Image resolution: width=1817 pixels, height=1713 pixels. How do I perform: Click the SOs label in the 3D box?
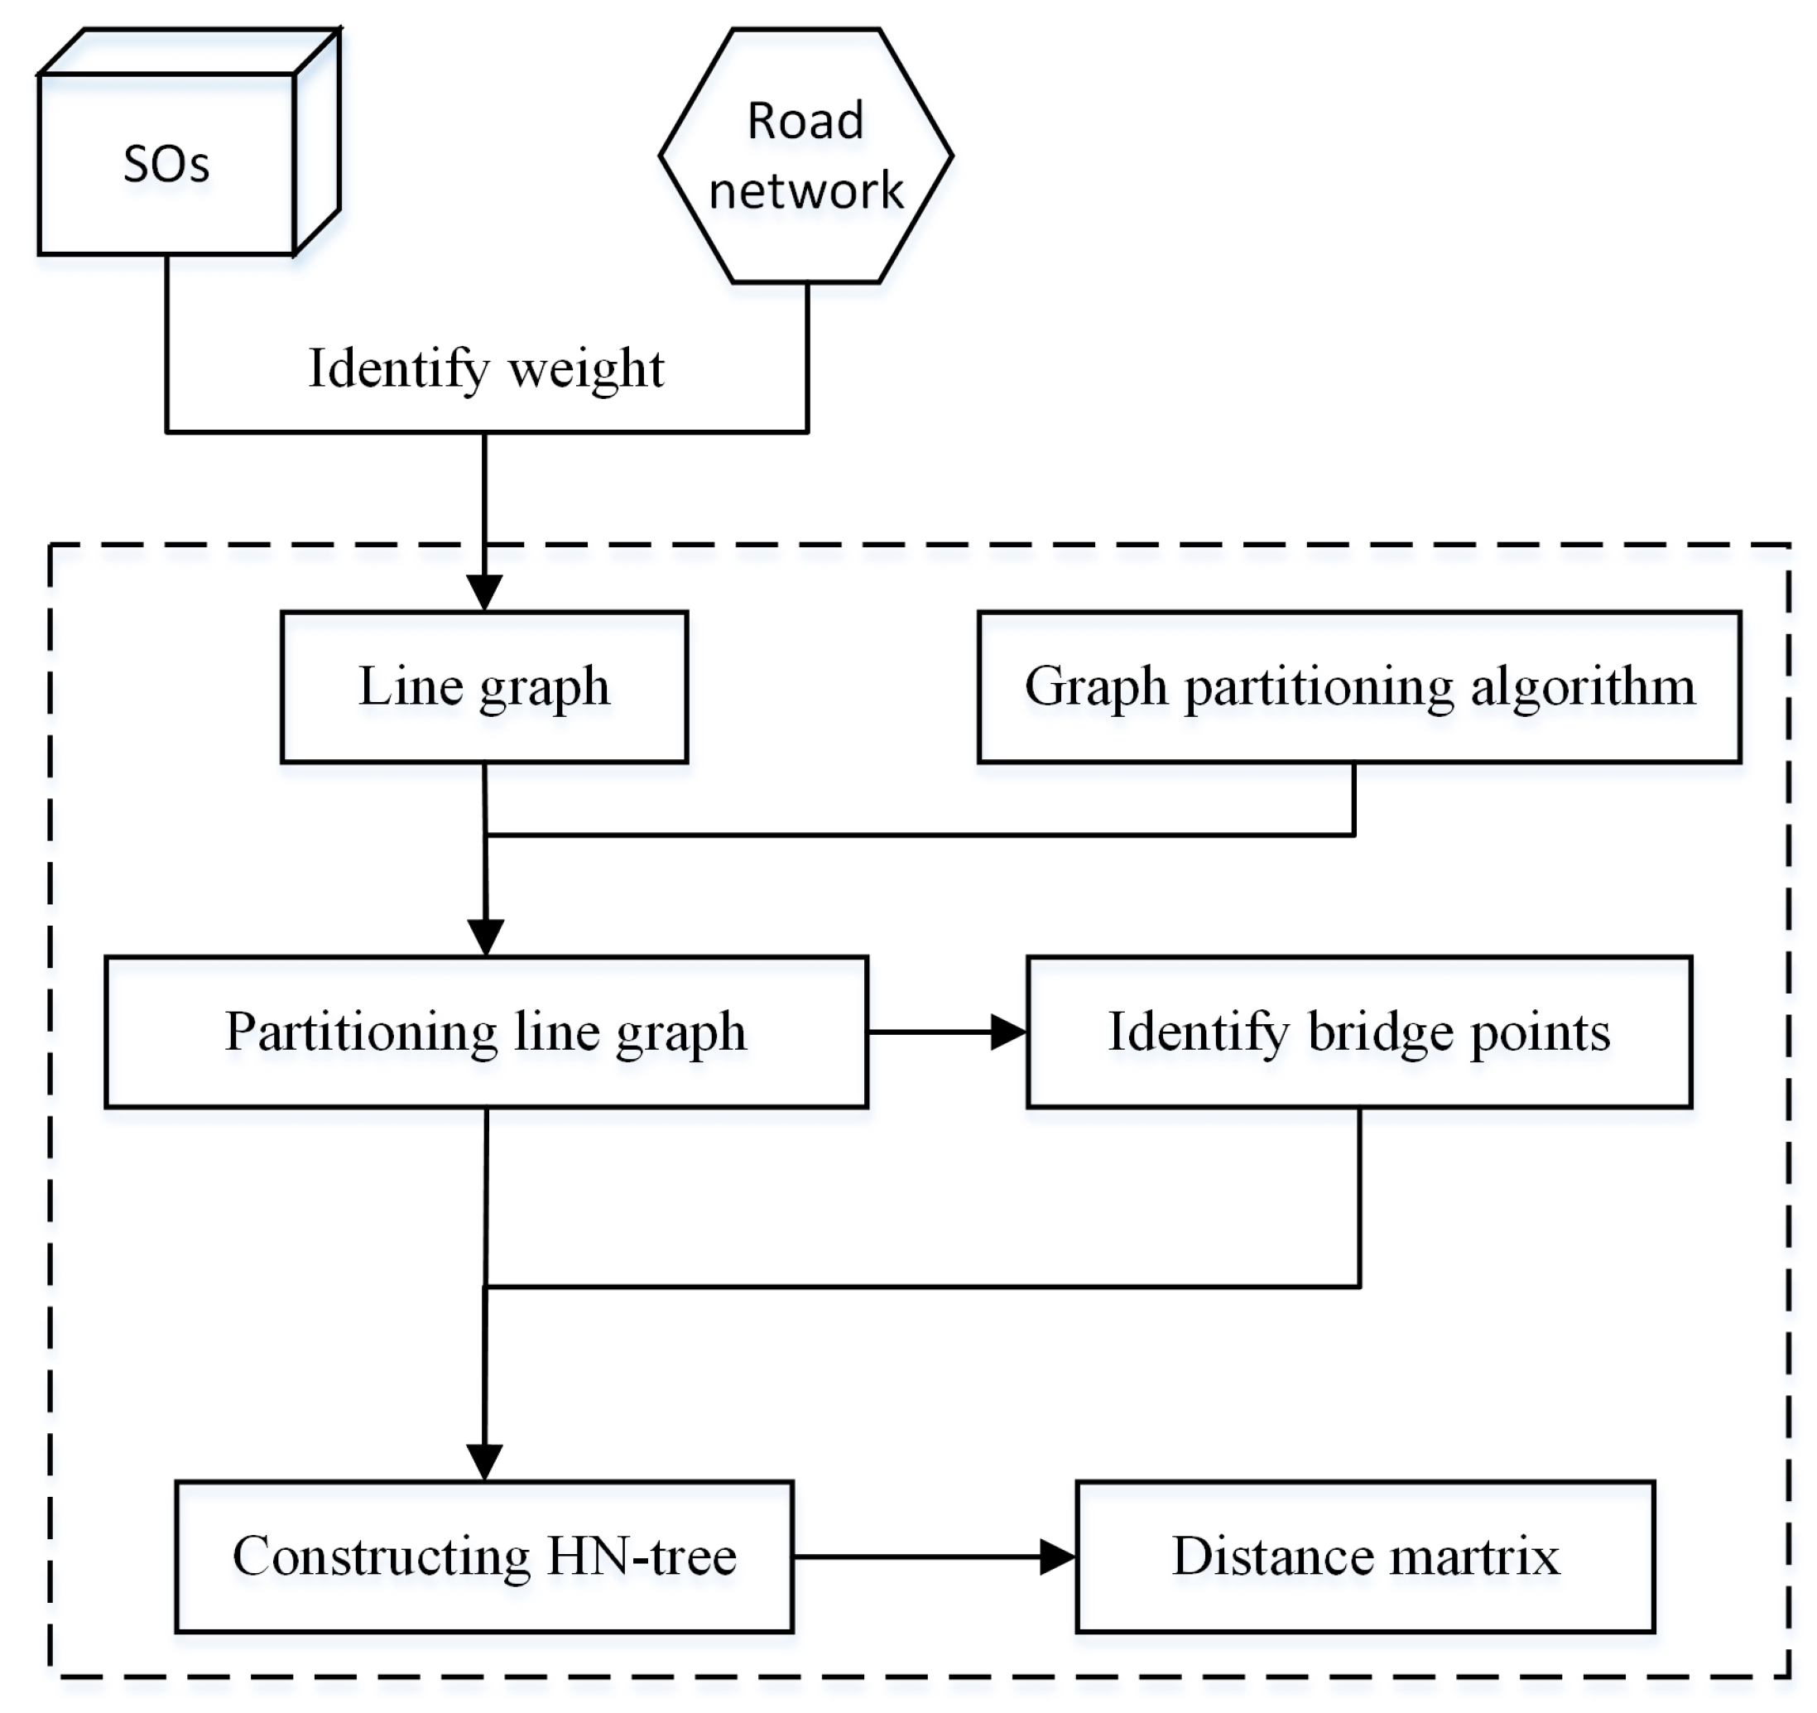coord(166,166)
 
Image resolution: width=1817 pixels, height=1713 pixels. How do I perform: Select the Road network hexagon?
coord(805,156)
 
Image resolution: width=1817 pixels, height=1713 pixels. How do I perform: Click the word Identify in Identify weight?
coord(398,369)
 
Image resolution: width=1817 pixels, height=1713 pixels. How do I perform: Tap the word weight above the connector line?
coord(586,369)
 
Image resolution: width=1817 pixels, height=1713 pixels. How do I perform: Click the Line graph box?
coord(483,686)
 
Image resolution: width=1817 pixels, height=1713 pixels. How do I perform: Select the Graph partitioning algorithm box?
coord(1359,686)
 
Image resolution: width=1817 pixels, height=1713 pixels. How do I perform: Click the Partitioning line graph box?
coord(485,1032)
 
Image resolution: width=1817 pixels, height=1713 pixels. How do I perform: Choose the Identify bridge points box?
coord(1359,1032)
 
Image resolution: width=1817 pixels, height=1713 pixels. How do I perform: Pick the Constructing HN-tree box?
coord(483,1557)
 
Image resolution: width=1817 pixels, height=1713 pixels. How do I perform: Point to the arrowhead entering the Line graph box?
coord(483,592)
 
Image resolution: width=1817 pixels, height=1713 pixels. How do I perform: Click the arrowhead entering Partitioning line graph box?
coord(485,937)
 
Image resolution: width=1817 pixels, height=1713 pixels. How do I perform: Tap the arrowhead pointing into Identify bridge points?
coord(1009,1032)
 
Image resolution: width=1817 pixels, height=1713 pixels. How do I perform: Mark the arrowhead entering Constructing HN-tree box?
coord(483,1460)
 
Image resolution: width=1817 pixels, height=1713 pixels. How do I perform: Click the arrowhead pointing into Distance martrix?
coord(1057,1557)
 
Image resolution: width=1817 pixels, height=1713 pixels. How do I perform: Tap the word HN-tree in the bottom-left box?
coord(641,1557)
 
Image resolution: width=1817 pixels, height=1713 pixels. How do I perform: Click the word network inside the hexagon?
coord(805,191)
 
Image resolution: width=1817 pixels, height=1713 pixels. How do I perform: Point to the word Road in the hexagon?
coord(805,121)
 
